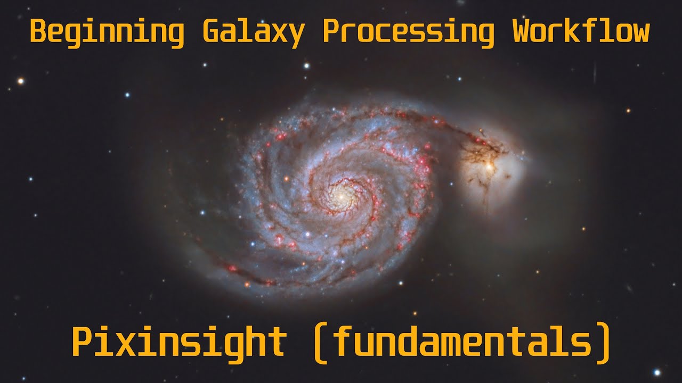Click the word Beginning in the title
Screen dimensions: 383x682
(x=107, y=32)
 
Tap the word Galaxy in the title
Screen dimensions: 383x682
(x=254, y=32)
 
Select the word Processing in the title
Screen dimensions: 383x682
(x=408, y=32)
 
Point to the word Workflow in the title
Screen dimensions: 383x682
(x=581, y=32)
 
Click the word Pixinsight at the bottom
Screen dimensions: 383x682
(x=179, y=342)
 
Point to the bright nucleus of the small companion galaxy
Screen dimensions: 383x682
(x=489, y=166)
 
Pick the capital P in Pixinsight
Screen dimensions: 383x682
(x=83, y=342)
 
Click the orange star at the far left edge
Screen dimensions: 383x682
(x=21, y=81)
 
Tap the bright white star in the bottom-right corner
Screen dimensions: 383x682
(x=657, y=372)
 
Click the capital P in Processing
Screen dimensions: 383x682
(x=331, y=32)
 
